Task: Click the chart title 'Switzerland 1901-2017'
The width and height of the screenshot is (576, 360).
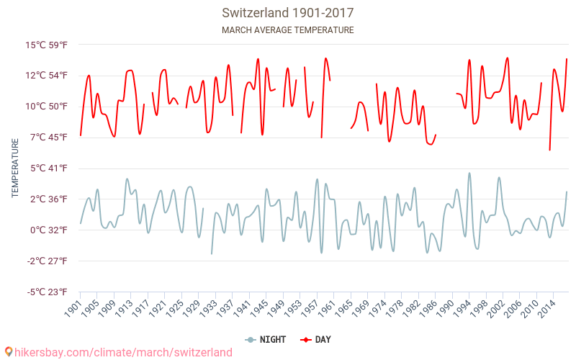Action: pyautogui.click(x=287, y=13)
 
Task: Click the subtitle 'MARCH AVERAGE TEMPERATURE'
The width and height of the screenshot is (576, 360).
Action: pyautogui.click(x=287, y=30)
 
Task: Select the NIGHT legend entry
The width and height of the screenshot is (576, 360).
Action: pyautogui.click(x=266, y=339)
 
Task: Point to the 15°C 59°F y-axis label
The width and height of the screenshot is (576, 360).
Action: pyautogui.click(x=47, y=45)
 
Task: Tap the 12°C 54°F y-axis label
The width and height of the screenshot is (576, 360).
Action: pyautogui.click(x=47, y=76)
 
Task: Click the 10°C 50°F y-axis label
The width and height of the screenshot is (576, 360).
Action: pyautogui.click(x=47, y=107)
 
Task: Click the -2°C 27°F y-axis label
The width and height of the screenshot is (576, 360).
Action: pyautogui.click(x=47, y=261)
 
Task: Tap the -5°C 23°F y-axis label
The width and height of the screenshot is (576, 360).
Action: pyautogui.click(x=47, y=292)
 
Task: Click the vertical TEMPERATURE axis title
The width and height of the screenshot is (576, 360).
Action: pyautogui.click(x=15, y=168)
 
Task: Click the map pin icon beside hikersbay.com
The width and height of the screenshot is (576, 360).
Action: pyautogui.click(x=8, y=352)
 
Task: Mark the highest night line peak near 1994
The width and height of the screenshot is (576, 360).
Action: pyautogui.click(x=469, y=173)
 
